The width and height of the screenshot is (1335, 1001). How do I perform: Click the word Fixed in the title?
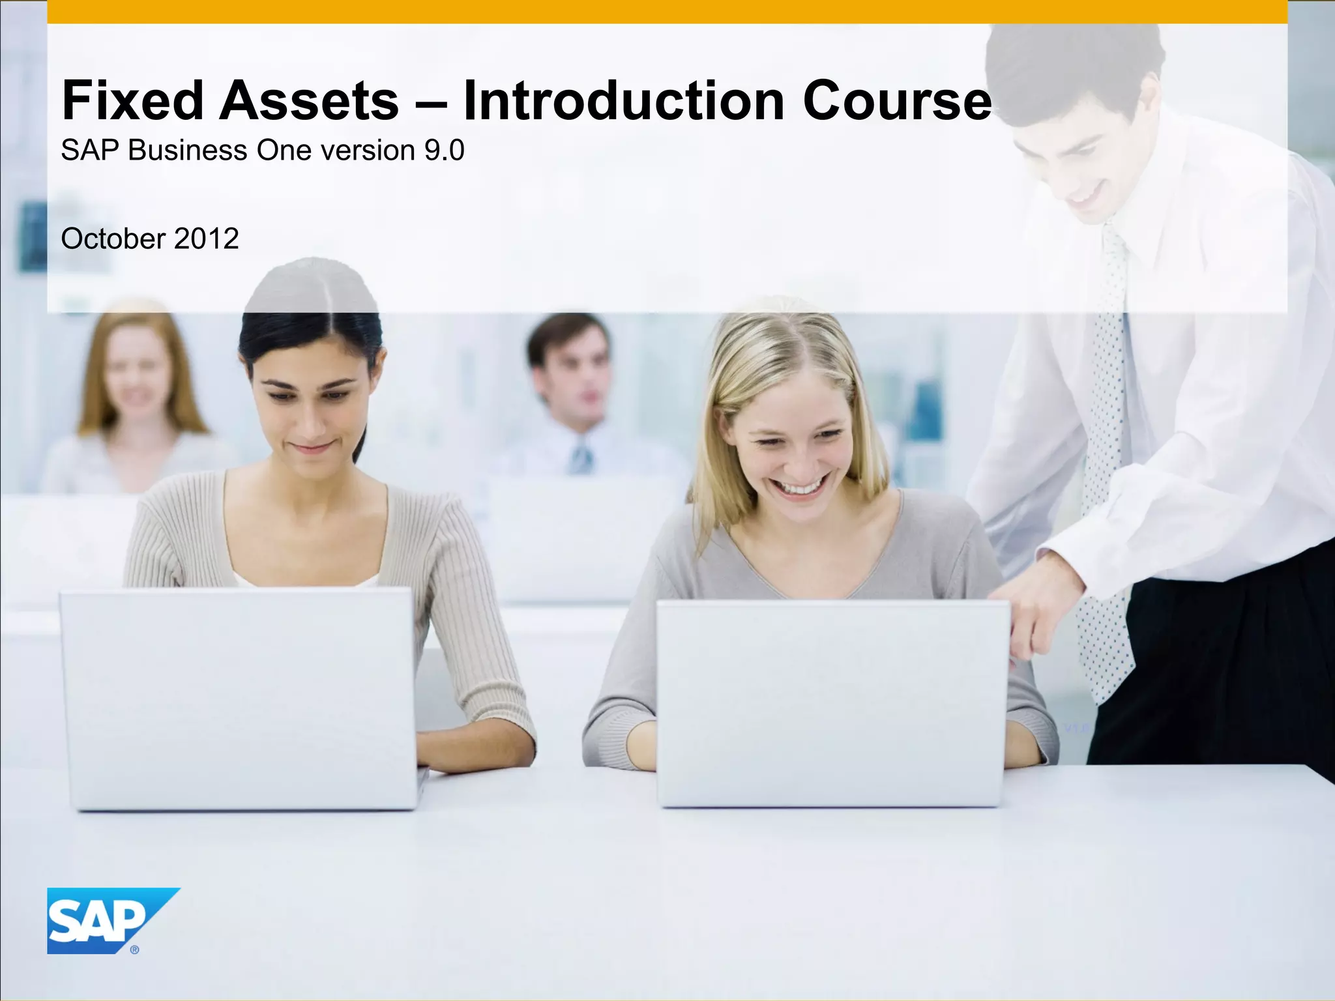[132, 101]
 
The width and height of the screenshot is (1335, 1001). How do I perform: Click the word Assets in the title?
[308, 101]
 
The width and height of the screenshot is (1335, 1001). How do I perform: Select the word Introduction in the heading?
[623, 101]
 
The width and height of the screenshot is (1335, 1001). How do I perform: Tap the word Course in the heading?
[897, 101]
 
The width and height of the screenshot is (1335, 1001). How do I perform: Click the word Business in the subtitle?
[187, 151]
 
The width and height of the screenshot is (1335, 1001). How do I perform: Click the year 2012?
[206, 239]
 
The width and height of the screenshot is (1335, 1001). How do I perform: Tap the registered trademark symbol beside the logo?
[135, 950]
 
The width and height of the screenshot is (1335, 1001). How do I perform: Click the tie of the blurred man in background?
[580, 456]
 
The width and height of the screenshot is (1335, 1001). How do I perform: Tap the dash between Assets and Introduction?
[430, 104]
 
